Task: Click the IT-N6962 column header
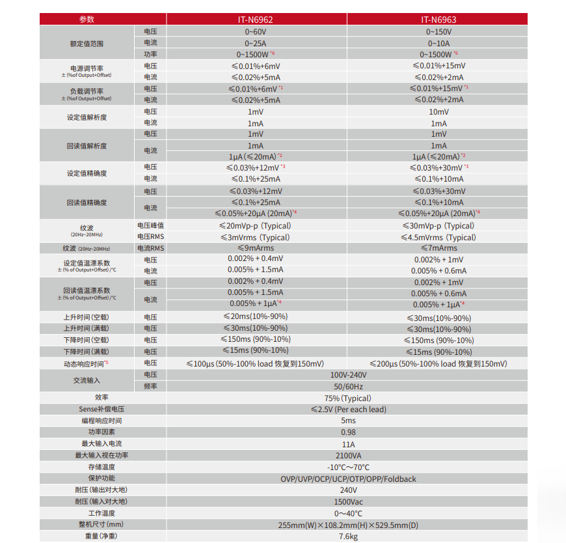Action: (x=256, y=20)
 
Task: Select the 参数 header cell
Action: (x=87, y=20)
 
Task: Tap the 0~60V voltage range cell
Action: (x=256, y=31)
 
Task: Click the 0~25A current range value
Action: (x=256, y=43)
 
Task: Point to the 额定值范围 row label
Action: (x=87, y=43)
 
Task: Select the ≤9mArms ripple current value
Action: (x=256, y=248)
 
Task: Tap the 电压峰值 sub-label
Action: (x=150, y=226)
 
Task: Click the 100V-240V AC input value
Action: (x=347, y=375)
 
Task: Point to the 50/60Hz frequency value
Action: (x=347, y=387)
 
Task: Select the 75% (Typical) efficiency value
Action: (x=347, y=398)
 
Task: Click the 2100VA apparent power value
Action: (x=347, y=455)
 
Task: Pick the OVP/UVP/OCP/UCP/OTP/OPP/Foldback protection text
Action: (x=347, y=479)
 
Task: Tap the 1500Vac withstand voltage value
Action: (x=347, y=502)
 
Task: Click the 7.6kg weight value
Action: (x=347, y=536)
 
